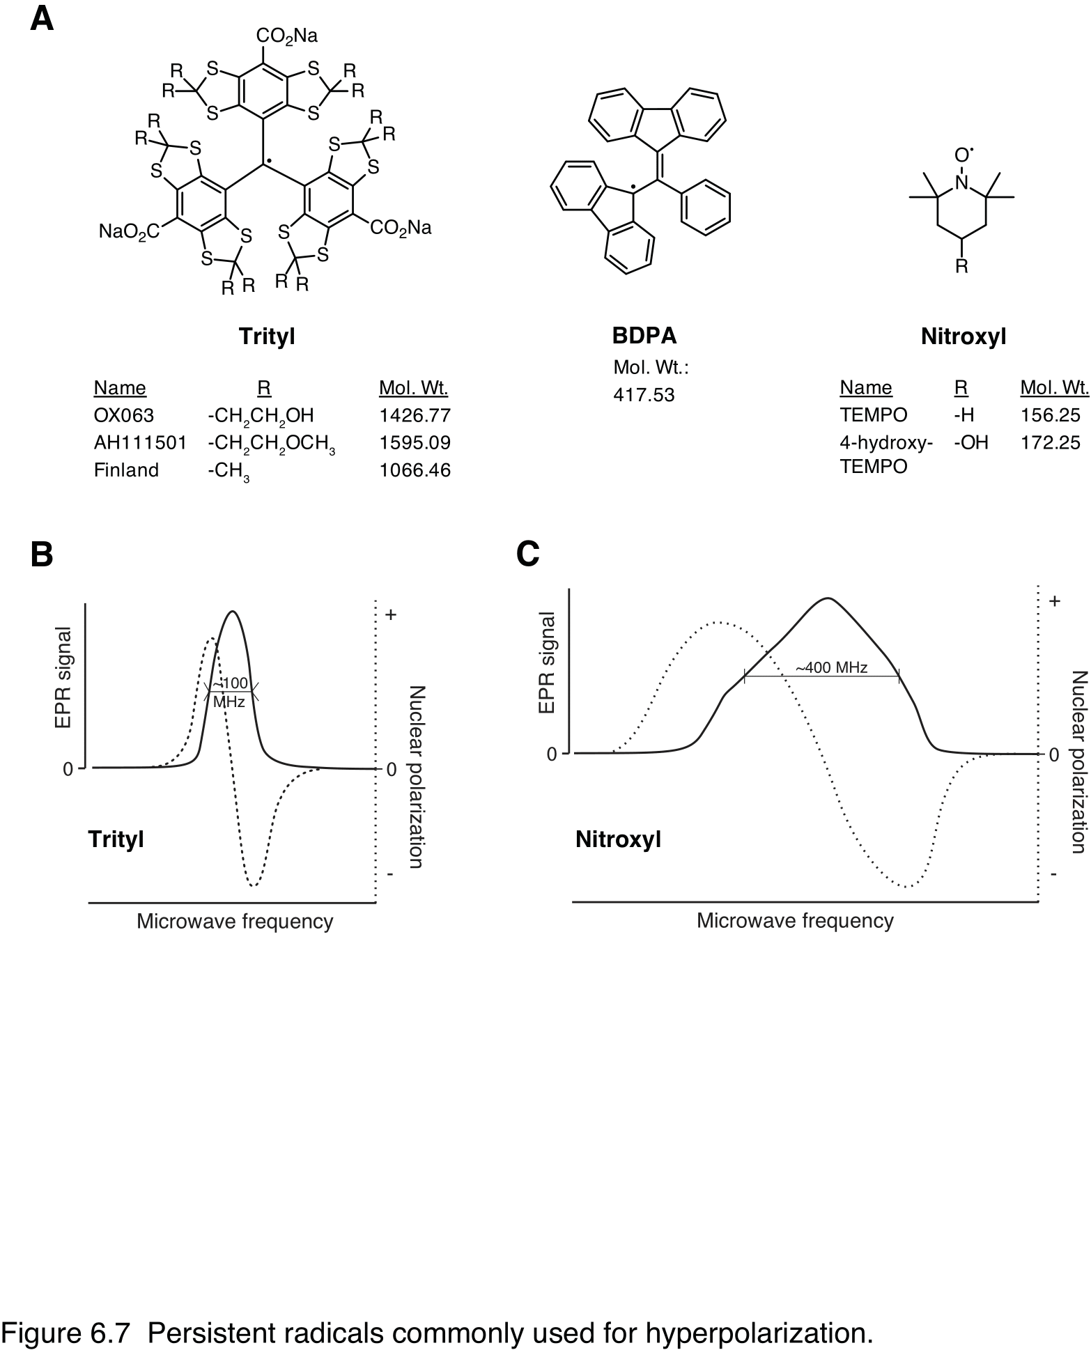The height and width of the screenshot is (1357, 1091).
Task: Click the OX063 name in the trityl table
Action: tap(124, 416)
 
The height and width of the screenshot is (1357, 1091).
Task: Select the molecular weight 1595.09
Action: tap(415, 443)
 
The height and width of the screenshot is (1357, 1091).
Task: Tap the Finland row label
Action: tap(126, 470)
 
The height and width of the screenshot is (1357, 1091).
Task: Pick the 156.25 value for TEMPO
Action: tap(1050, 415)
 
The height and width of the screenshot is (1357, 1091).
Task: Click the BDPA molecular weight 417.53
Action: tap(644, 395)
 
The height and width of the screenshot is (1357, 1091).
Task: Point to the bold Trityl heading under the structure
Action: tap(267, 336)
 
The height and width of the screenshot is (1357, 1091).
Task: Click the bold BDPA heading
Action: tap(644, 336)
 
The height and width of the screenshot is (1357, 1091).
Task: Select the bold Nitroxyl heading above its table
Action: tap(963, 336)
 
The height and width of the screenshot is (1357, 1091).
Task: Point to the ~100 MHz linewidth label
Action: tap(230, 693)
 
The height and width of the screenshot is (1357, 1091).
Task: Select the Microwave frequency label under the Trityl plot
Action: tap(235, 921)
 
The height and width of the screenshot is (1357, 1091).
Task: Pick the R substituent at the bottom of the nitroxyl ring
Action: tap(961, 266)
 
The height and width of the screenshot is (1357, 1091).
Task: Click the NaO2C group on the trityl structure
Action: tap(130, 231)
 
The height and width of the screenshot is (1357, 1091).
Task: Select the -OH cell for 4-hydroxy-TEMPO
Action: tap(970, 442)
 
